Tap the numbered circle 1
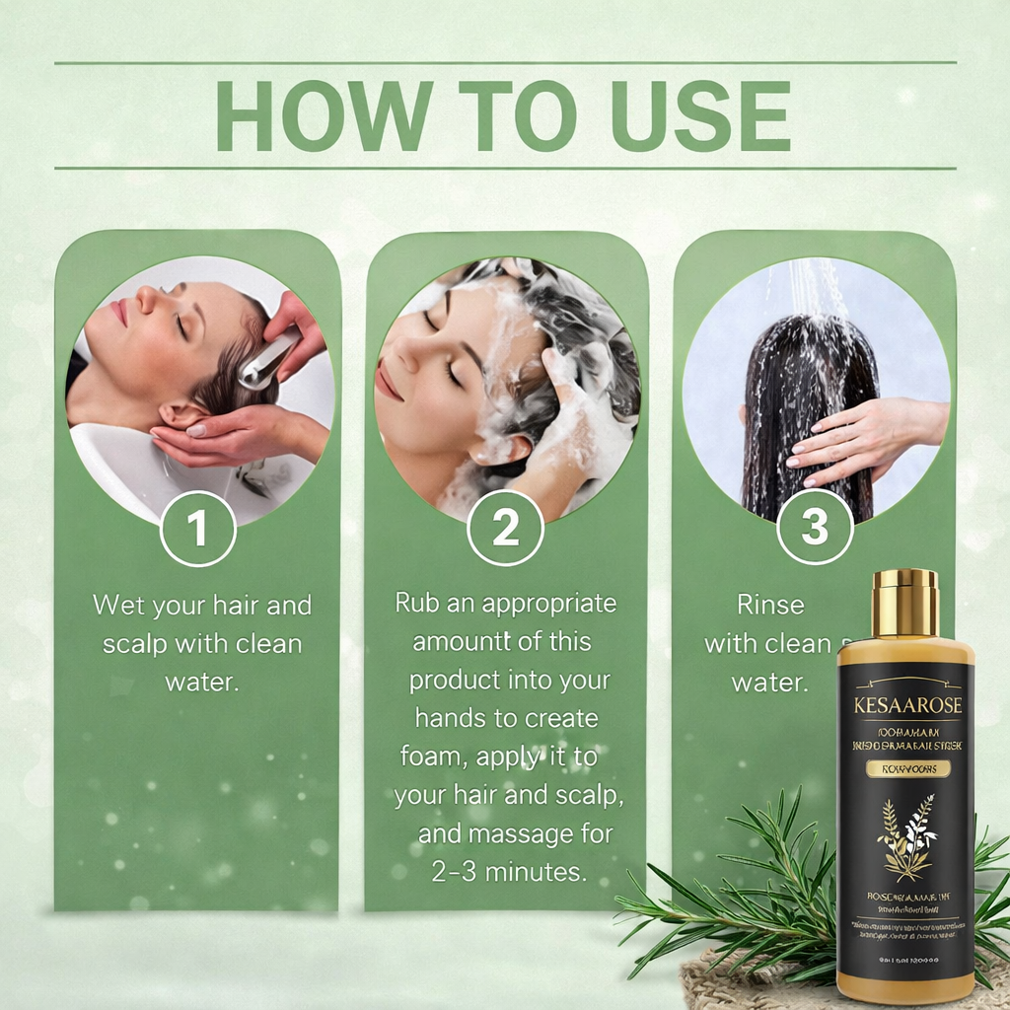pyautogui.click(x=198, y=529)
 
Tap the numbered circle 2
pyautogui.click(x=505, y=529)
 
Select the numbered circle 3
pyautogui.click(x=814, y=529)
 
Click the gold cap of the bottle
pyautogui.click(x=904, y=603)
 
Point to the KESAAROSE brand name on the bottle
pyautogui.click(x=905, y=706)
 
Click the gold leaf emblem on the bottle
pyautogui.click(x=906, y=836)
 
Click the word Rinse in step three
pyautogui.click(x=770, y=604)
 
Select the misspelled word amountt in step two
pyautogui.click(x=462, y=641)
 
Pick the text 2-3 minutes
pyautogui.click(x=508, y=872)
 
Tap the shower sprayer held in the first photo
pyautogui.click(x=268, y=358)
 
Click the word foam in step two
pyautogui.click(x=434, y=757)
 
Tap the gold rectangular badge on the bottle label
pyautogui.click(x=904, y=767)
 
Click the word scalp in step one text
pyautogui.click(x=135, y=643)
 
